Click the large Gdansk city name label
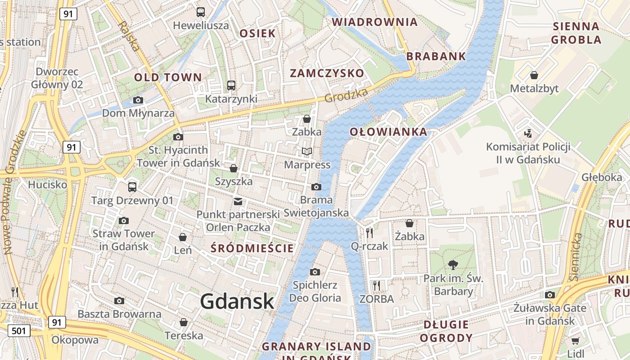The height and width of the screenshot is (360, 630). coord(237,301)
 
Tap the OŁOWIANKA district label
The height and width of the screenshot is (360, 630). coord(388,132)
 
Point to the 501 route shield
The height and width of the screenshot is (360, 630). coord(18,331)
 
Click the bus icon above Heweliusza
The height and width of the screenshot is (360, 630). coord(201,12)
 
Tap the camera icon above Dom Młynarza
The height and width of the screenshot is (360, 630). coord(138,100)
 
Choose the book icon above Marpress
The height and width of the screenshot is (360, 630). coord(307,152)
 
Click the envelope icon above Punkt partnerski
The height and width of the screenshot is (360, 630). coord(238,201)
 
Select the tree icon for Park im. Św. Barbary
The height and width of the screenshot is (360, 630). coord(453,265)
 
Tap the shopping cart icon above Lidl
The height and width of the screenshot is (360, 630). coord(575,341)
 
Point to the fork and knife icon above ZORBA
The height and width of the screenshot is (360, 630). coord(377,285)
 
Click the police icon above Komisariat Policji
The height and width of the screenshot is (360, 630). coord(528,133)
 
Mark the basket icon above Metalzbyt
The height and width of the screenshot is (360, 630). coord(534,75)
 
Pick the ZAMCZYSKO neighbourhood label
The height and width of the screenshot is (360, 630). coord(327,73)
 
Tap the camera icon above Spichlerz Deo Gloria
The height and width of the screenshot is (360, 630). coord(315,272)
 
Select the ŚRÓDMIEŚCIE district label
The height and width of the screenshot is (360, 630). coord(252,248)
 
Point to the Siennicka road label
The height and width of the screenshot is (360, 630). coord(576,256)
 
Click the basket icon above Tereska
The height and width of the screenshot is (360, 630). coord(184,322)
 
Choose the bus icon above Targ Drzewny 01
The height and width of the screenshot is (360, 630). coord(132,187)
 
